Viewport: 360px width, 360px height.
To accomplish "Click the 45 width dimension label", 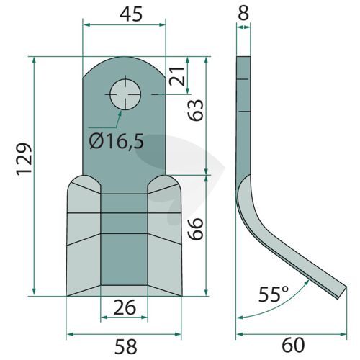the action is [x=131, y=14].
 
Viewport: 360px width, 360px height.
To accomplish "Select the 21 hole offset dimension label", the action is [x=177, y=76].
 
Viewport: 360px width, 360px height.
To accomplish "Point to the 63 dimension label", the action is [x=195, y=110].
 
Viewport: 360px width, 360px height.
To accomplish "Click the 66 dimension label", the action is [x=195, y=229].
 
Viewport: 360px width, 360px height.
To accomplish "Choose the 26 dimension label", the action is [x=125, y=307].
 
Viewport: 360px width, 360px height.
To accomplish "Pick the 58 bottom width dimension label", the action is [x=126, y=346].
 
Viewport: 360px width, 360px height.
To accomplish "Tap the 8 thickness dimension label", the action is [x=243, y=13].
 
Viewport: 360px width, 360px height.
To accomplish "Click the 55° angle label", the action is [x=273, y=294].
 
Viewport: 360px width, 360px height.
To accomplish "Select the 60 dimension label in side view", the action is [x=293, y=346].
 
